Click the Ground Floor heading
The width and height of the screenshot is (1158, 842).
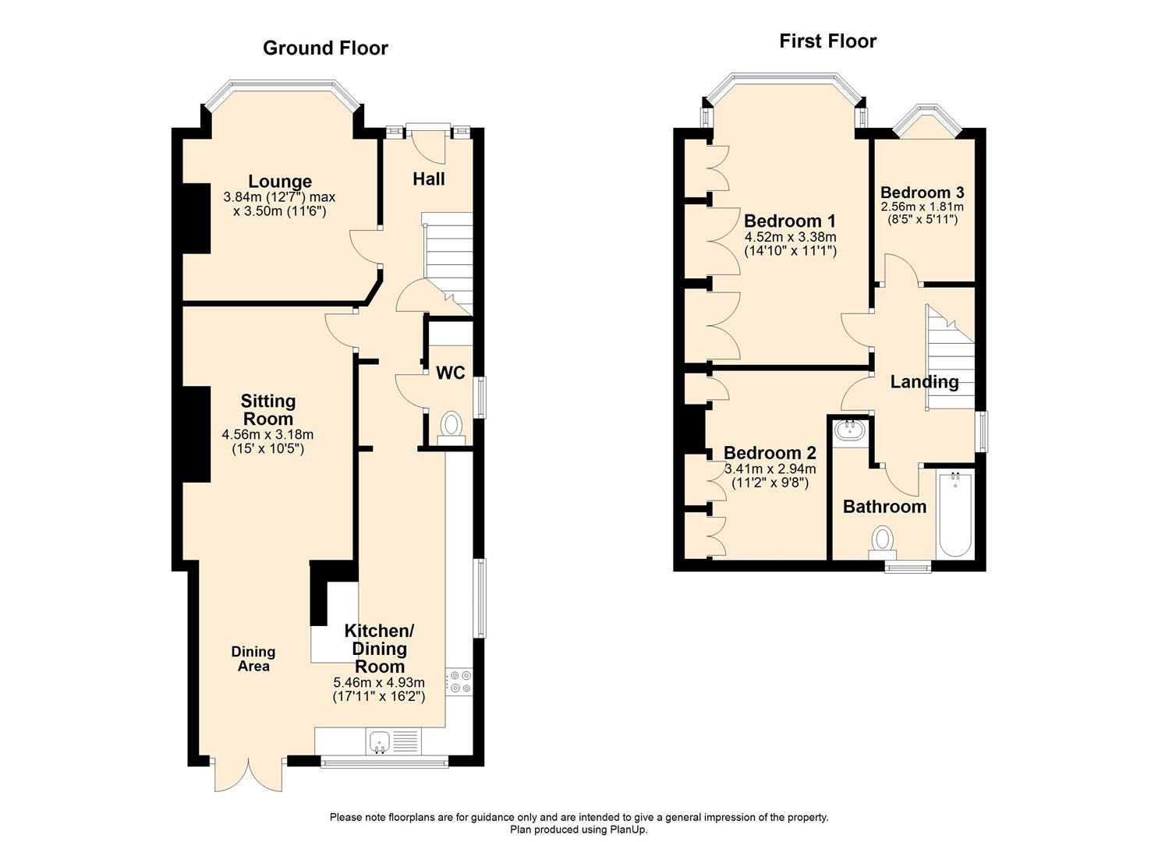tap(325, 48)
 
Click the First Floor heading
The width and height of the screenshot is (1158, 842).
tap(827, 41)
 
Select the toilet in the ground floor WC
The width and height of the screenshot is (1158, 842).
tap(451, 426)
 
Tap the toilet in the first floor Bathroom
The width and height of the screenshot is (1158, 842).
tap(883, 540)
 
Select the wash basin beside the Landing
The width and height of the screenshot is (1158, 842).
tap(847, 431)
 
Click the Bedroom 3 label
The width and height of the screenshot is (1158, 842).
tap(922, 193)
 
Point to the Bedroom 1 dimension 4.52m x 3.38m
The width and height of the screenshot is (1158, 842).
tap(790, 238)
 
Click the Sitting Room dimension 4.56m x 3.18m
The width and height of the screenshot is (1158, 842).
tap(267, 435)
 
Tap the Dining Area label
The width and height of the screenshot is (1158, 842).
tap(253, 659)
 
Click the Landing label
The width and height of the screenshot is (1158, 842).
tap(924, 382)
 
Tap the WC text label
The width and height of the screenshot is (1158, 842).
tap(450, 373)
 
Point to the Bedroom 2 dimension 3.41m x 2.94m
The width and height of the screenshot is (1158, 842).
tap(770, 469)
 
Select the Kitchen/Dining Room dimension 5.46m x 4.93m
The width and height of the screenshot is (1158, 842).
tap(379, 682)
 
